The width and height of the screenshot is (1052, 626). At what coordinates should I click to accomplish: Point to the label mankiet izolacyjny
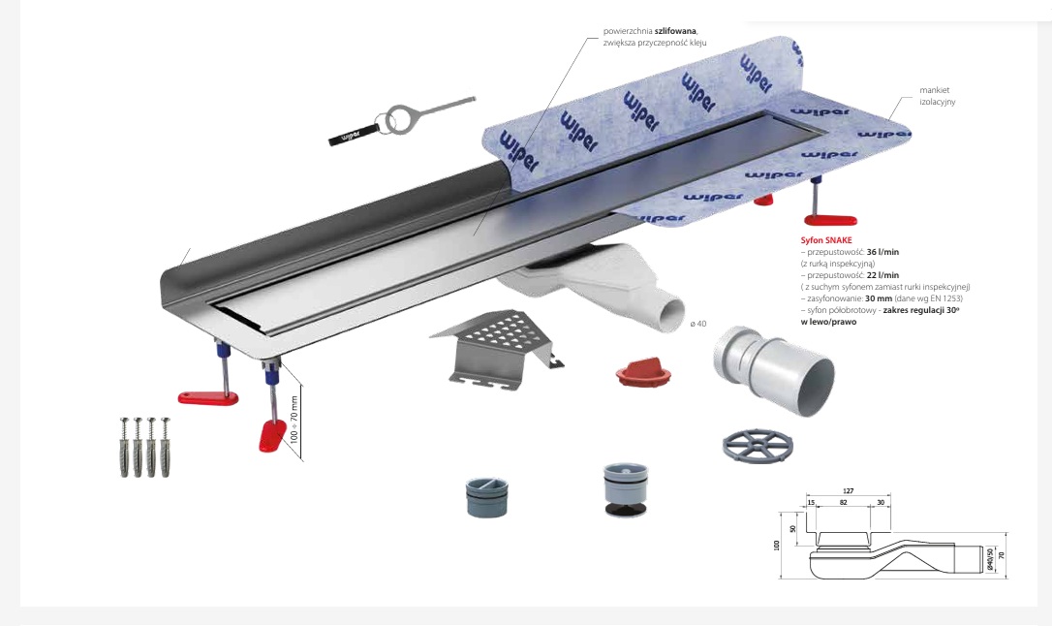pos(937,95)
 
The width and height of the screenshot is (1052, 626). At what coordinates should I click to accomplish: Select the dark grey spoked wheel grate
pos(758,445)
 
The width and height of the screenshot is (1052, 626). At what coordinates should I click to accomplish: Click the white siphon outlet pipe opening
pos(668,315)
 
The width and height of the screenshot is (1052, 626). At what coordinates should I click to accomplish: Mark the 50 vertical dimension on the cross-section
pos(793,529)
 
